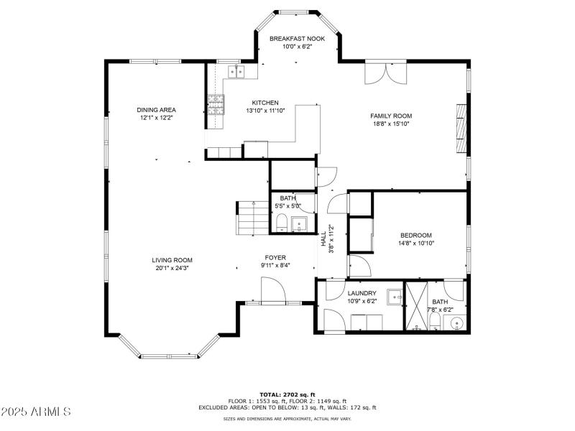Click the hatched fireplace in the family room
[x=461, y=129]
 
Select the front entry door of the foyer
[x=272, y=292]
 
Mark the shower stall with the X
[x=415, y=307]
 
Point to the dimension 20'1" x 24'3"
[x=172, y=268]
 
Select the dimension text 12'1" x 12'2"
[x=156, y=117]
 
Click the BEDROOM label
[x=415, y=235]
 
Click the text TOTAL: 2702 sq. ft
[x=287, y=394]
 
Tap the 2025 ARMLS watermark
[x=36, y=412]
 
